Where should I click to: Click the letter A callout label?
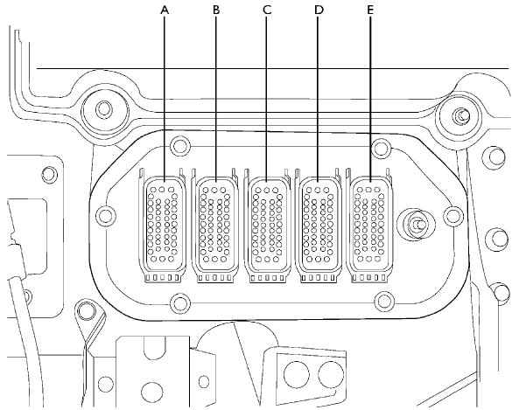pyautogui.click(x=165, y=10)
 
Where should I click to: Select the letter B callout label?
pyautogui.click(x=216, y=10)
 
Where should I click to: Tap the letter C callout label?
pyautogui.click(x=267, y=10)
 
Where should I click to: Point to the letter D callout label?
pyautogui.click(x=319, y=10)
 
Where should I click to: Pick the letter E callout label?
pyautogui.click(x=370, y=10)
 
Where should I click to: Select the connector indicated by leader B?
pyautogui.click(x=215, y=226)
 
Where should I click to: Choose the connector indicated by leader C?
pyautogui.click(x=267, y=226)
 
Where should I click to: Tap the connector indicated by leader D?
pyautogui.click(x=318, y=226)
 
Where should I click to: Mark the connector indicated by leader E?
pyautogui.click(x=369, y=226)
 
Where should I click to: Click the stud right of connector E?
pyautogui.click(x=417, y=225)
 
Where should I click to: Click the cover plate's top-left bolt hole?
pyautogui.click(x=180, y=146)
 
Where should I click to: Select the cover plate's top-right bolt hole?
pyautogui.click(x=382, y=148)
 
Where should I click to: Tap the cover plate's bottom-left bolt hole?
pyautogui.click(x=180, y=302)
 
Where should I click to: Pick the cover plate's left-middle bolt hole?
pyautogui.click(x=106, y=216)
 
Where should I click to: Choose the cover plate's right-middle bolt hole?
pyautogui.click(x=453, y=216)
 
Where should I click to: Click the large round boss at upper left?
pyautogui.click(x=104, y=108)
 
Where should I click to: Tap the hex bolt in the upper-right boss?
pyautogui.click(x=461, y=115)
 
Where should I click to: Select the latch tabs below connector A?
pyautogui.click(x=163, y=278)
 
